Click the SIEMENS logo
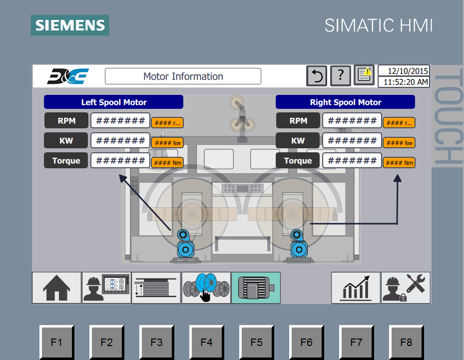[70, 25]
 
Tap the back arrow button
[317, 76]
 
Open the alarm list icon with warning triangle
[364, 75]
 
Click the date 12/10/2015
[404, 71]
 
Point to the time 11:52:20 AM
[404, 82]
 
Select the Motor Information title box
[183, 76]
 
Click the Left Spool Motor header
[114, 102]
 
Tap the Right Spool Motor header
[345, 102]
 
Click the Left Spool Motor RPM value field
[120, 120]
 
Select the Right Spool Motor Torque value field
[352, 161]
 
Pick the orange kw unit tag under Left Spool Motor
[167, 143]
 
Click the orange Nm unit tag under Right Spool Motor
[399, 163]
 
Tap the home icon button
[56, 288]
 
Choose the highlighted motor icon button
[256, 288]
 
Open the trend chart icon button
[356, 288]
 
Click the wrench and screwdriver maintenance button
[406, 288]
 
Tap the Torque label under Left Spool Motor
[66, 161]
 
